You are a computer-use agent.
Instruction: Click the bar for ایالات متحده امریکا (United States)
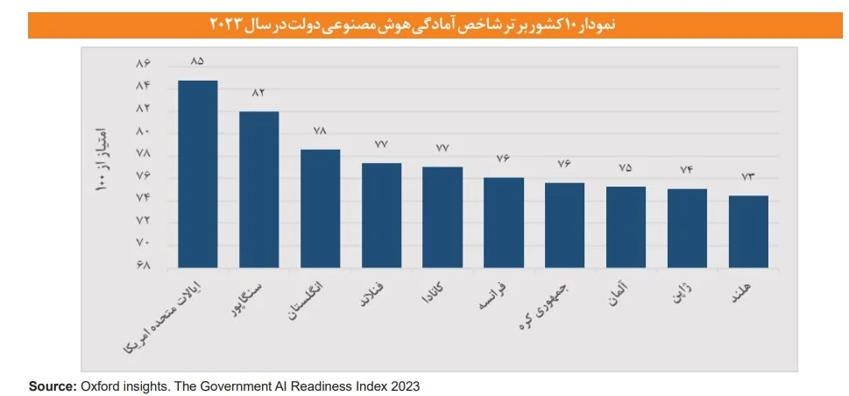[197, 173]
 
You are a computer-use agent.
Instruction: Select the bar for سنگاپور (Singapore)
[258, 189]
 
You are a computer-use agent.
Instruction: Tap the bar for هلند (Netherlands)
[748, 231]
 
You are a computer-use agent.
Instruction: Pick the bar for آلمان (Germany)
[626, 227]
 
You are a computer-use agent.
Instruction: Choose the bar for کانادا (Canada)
[442, 216]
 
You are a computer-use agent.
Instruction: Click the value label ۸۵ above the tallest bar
[197, 61]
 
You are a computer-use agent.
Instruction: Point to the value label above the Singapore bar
[258, 93]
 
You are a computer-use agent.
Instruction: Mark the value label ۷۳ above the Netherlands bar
[748, 177]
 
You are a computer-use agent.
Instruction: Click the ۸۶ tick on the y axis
[144, 64]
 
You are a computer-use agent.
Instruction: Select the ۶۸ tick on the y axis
[144, 265]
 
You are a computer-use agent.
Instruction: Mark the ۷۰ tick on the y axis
[144, 243]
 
